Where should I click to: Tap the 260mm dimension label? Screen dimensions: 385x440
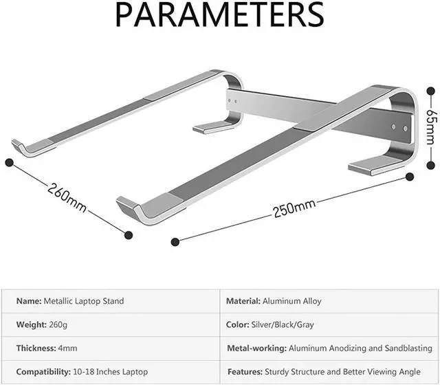tap(67, 197)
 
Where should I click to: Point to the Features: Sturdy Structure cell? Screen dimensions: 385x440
tap(329, 372)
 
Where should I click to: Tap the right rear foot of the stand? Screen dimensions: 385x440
tap(375, 164)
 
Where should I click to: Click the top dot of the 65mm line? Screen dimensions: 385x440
tap(431, 89)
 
